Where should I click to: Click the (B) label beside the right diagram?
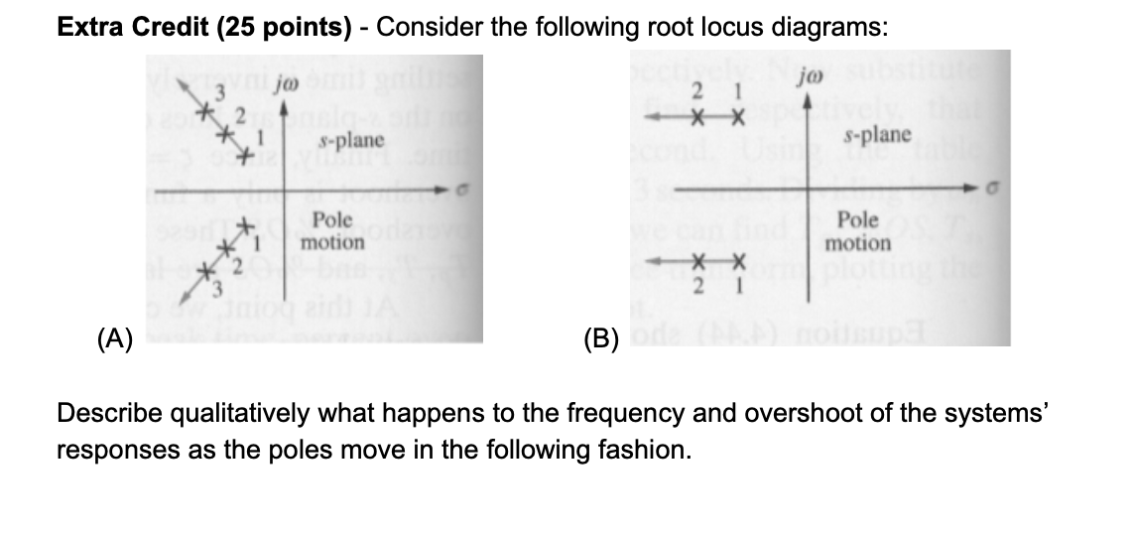click(x=600, y=345)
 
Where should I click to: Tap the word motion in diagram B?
click(x=859, y=243)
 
